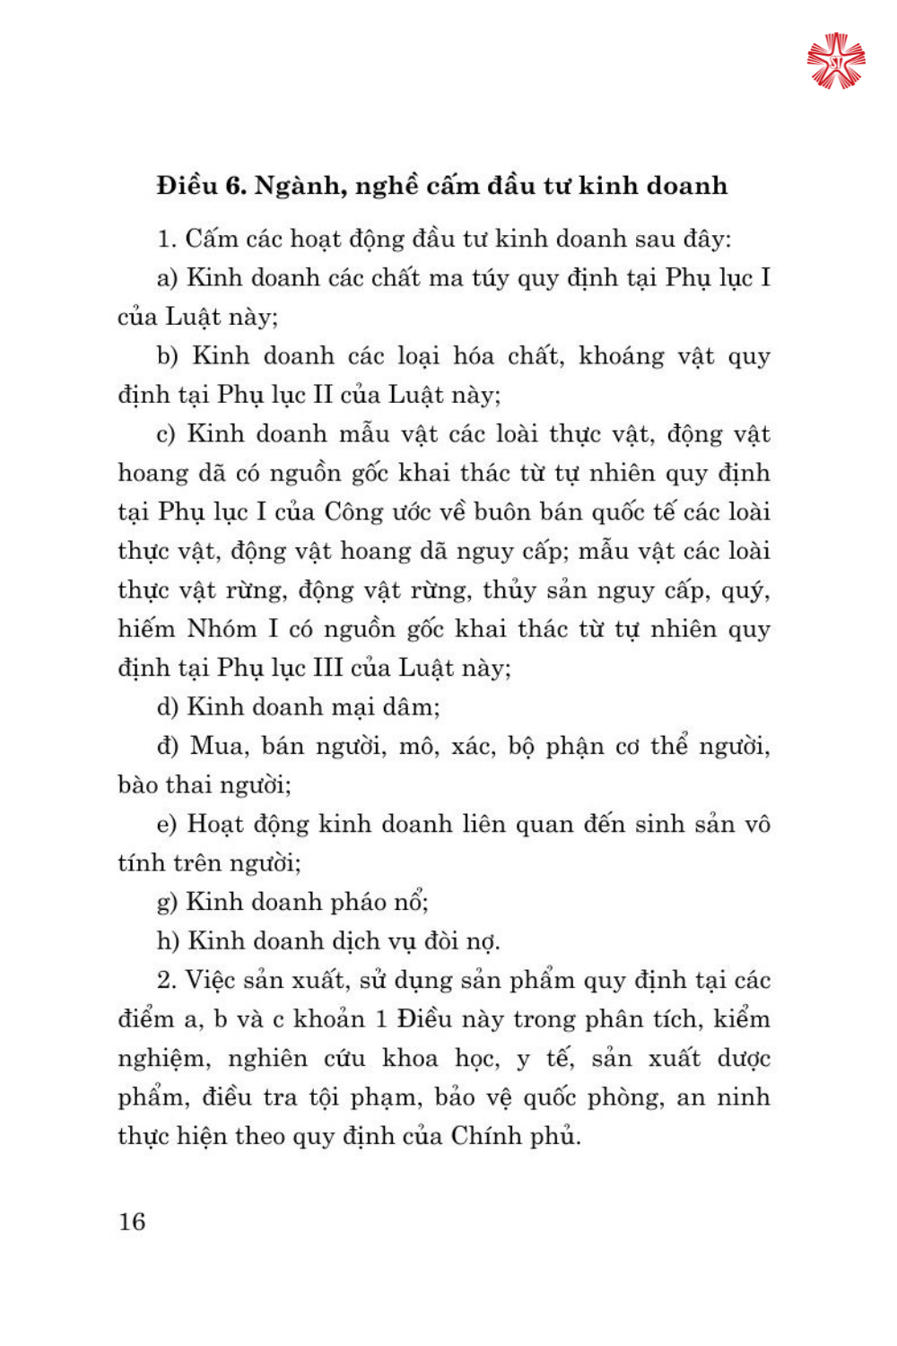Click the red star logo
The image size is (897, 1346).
point(836,61)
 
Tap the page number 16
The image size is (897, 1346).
point(132,1221)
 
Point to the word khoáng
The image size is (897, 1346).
point(621,356)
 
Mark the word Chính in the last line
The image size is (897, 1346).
point(484,1136)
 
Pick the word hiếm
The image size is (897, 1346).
point(146,629)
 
